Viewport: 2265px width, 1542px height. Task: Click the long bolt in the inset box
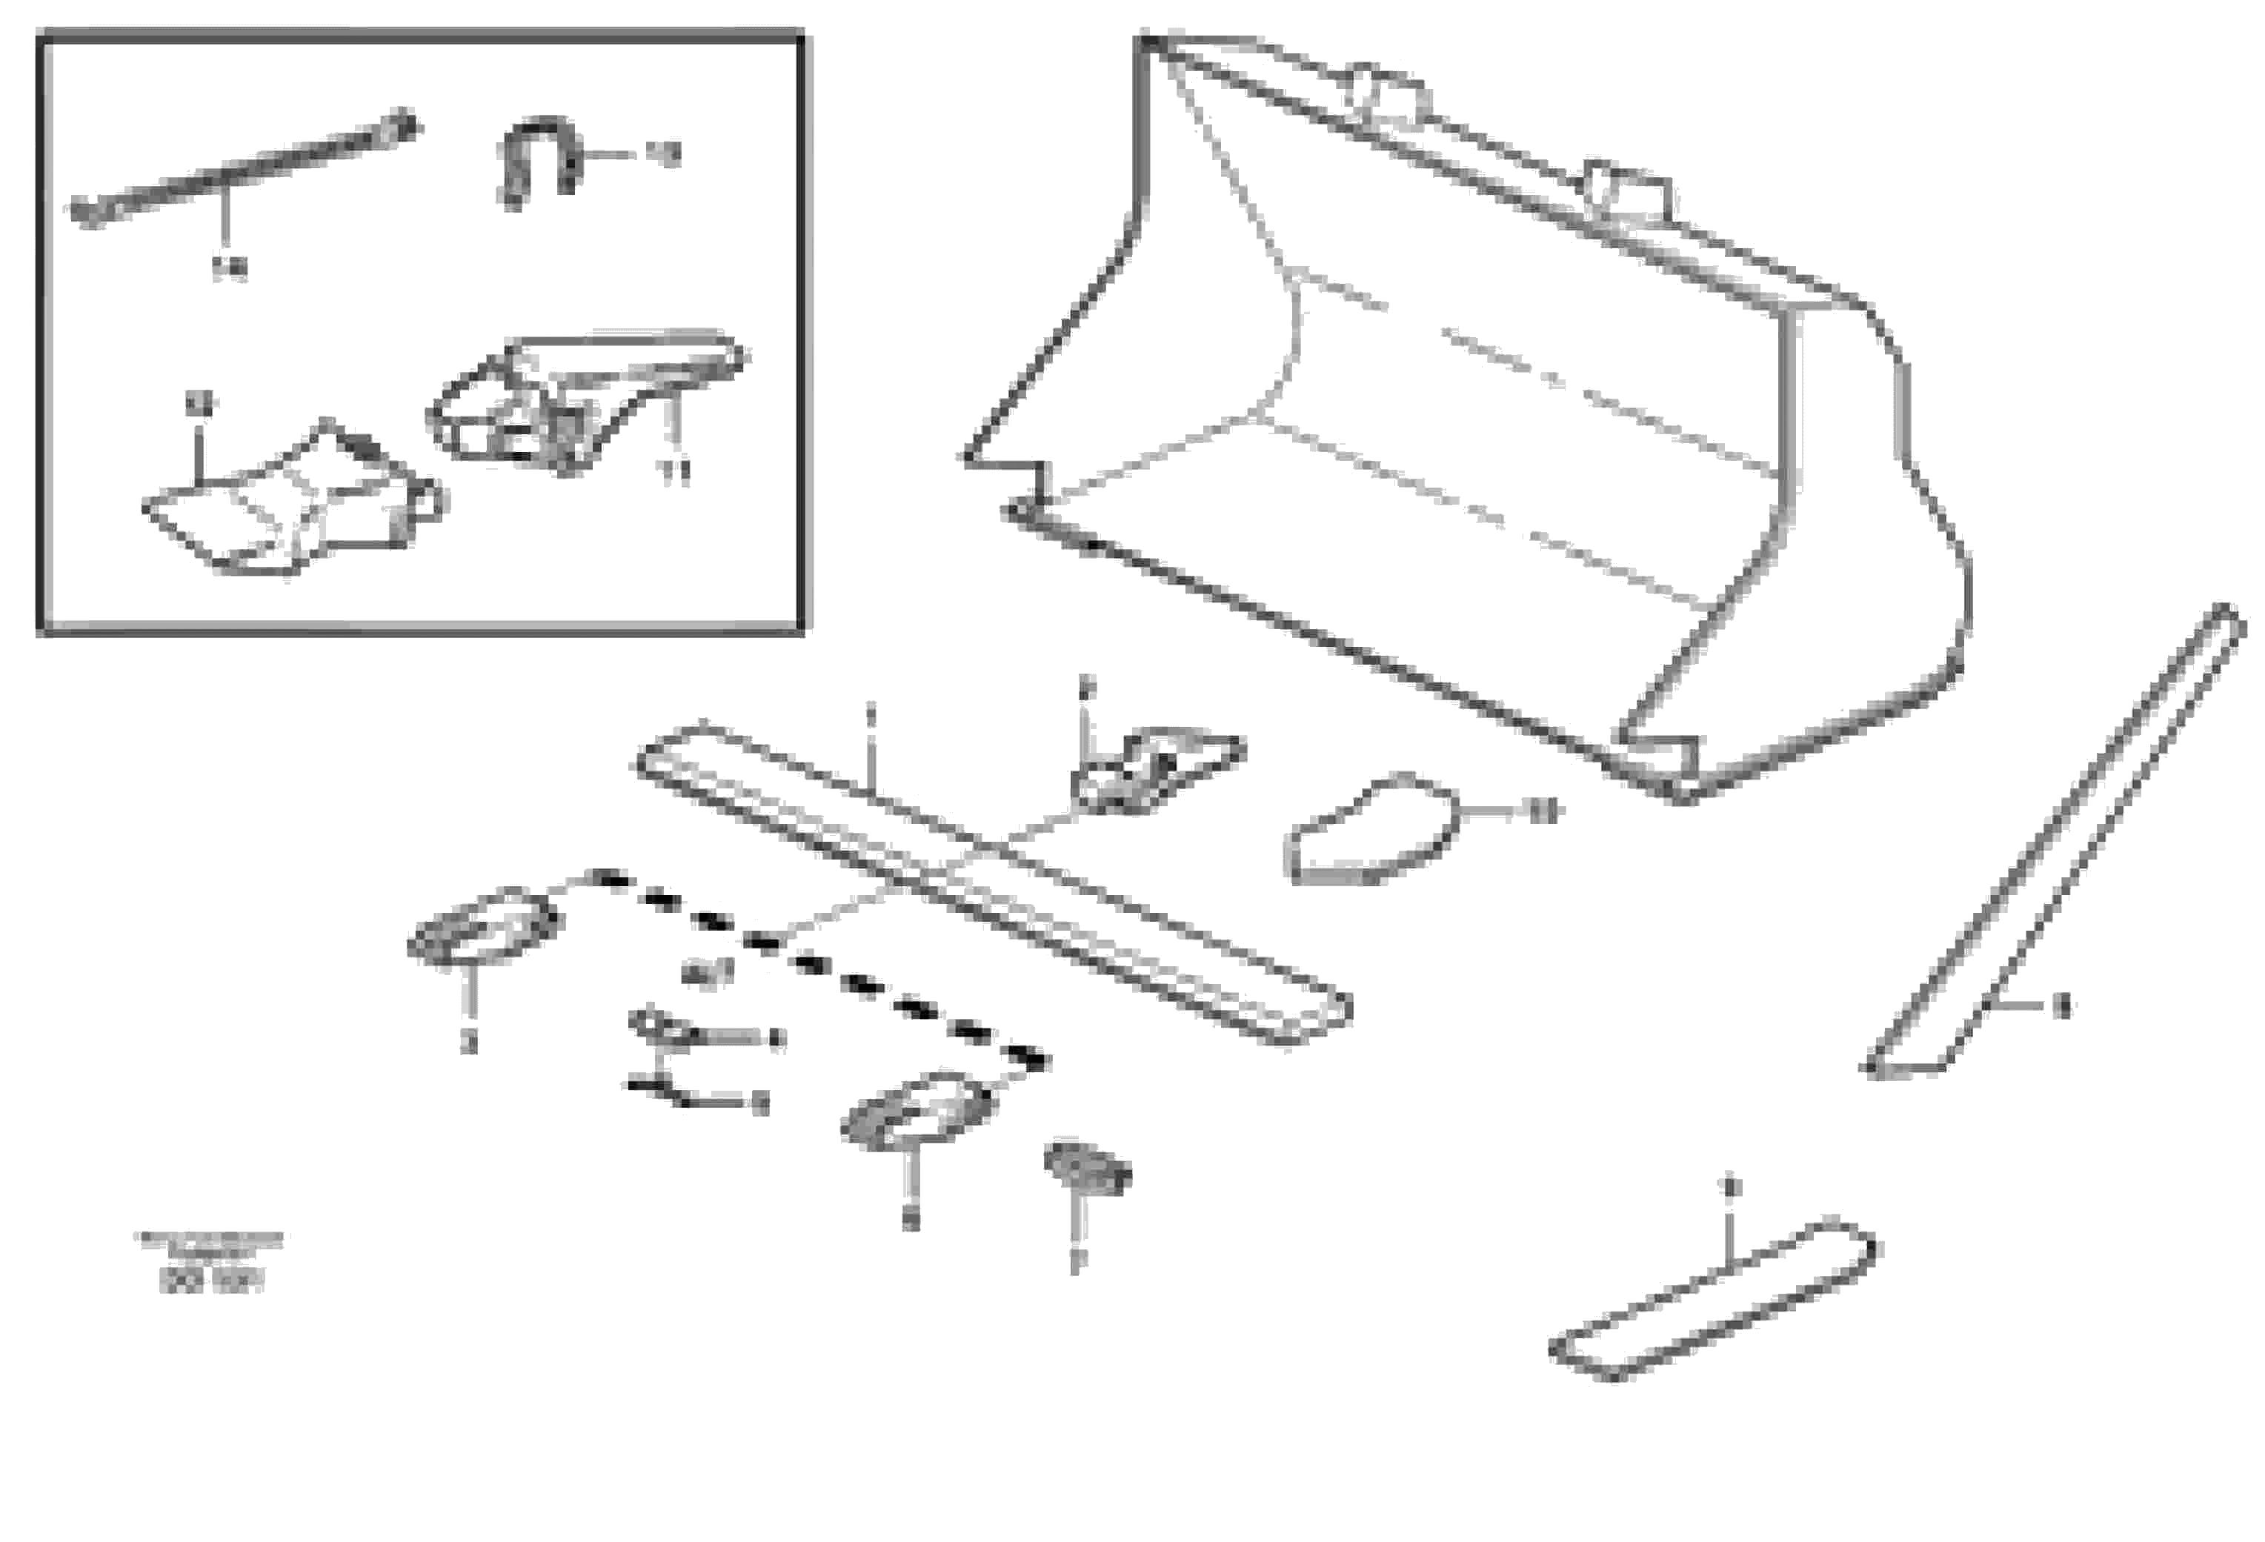[244, 170]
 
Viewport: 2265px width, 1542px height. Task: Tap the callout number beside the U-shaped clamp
[665, 154]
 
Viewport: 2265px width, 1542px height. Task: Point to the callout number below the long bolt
[230, 268]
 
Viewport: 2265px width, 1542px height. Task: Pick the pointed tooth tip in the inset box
[293, 502]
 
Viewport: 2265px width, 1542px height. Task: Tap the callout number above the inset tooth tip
[201, 402]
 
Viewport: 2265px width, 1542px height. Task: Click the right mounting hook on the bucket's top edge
[1626, 193]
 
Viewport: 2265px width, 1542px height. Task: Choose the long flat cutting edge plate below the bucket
[994, 882]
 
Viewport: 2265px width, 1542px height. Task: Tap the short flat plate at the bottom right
[1713, 1301]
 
